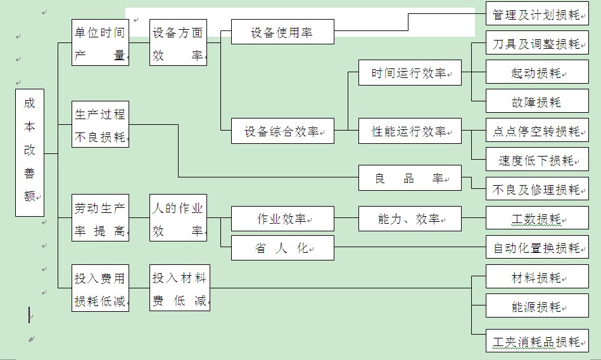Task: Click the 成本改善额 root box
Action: point(30,152)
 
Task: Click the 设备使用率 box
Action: point(282,32)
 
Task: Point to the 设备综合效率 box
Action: point(282,131)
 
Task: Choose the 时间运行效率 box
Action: point(410,73)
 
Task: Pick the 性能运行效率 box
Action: point(410,131)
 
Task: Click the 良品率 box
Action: point(410,178)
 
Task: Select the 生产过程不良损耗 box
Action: point(100,125)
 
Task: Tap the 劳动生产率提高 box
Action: point(100,218)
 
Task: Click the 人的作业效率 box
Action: point(178,218)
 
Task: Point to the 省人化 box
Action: point(282,248)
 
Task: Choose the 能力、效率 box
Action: point(410,219)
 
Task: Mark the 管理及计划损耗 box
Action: point(537,15)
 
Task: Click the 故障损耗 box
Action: point(537,102)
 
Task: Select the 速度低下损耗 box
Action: point(537,160)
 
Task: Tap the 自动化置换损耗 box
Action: point(537,248)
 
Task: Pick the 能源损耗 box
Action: point(537,307)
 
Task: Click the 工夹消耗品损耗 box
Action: point(537,342)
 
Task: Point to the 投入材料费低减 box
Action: point(179,288)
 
